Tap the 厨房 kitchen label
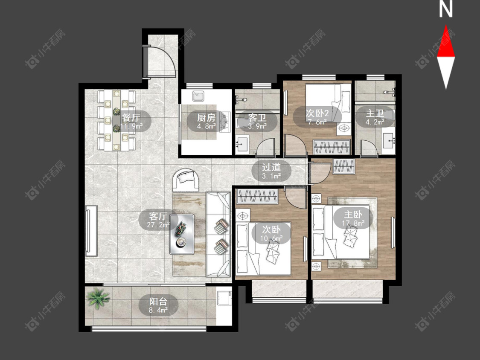206,117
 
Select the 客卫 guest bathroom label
257,117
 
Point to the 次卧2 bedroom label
317,113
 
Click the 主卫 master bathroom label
375,113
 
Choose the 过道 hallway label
271,167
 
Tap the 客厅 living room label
158,216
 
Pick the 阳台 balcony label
158,301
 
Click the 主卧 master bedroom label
353,214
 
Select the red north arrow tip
446,25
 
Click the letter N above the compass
446,9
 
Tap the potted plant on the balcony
98,298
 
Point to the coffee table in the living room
182,234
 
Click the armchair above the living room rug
186,180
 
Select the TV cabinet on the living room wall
92,231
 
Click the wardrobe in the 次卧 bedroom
257,196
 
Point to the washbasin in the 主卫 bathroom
388,142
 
